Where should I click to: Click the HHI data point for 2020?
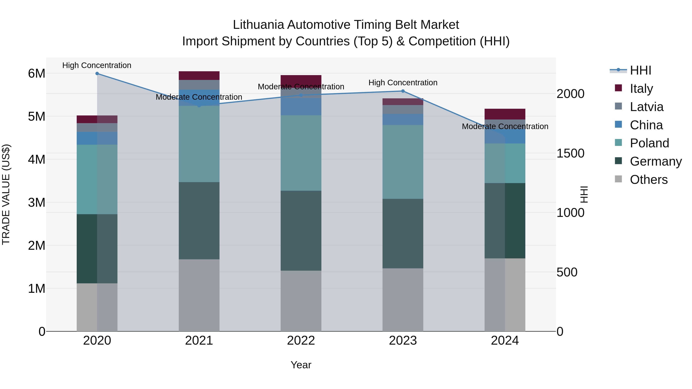pos(97,74)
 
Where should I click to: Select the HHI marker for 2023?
pos(403,91)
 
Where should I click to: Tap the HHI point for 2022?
pos(301,95)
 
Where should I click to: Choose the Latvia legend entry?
pos(646,107)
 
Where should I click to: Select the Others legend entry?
pos(649,179)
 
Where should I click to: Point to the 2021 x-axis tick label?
pos(199,341)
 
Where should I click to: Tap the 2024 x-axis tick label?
pos(505,341)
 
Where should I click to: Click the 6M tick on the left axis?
pos(37,73)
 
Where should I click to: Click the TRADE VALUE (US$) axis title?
pos(6,194)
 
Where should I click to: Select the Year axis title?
pos(301,365)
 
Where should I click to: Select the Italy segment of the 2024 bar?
pos(505,114)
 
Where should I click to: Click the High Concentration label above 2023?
pos(403,83)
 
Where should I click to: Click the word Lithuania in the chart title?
pos(258,25)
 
